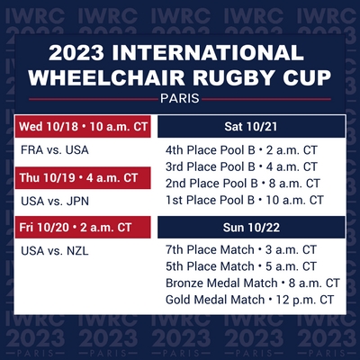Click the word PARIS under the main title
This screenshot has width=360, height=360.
pyautogui.click(x=180, y=98)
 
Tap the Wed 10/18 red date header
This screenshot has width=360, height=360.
pyautogui.click(x=83, y=126)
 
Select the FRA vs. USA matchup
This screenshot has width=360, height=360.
pyautogui.click(x=55, y=150)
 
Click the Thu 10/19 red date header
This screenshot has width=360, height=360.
pyautogui.click(x=83, y=178)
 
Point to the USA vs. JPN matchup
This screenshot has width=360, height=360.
pyautogui.click(x=55, y=201)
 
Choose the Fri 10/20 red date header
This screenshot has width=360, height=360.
pyautogui.click(x=83, y=228)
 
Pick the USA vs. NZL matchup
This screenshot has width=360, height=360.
pyautogui.click(x=55, y=251)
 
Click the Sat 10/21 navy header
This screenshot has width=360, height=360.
pyautogui.click(x=251, y=127)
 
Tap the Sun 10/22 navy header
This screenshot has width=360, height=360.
pyautogui.click(x=251, y=228)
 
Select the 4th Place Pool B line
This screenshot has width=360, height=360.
pyautogui.click(x=241, y=150)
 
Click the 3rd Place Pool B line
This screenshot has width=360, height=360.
pyautogui.click(x=241, y=166)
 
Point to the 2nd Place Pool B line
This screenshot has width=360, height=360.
pyautogui.click(x=243, y=184)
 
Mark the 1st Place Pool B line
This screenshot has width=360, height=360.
pyautogui.click(x=245, y=200)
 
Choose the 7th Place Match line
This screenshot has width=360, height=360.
pyautogui.click(x=241, y=249)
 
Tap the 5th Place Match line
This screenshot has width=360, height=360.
pyautogui.click(x=241, y=266)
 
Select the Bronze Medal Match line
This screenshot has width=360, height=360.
pyautogui.click(x=253, y=283)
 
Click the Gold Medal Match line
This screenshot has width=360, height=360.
pyautogui.click(x=249, y=300)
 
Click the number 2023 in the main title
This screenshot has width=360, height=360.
pyautogui.click(x=76, y=53)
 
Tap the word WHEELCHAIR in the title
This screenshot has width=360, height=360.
pyautogui.click(x=106, y=77)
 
